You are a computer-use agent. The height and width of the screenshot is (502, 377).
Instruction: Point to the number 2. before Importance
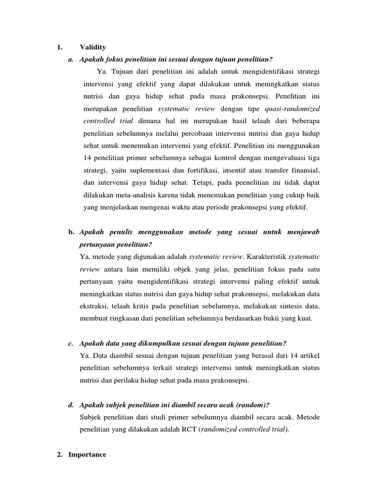[60, 454]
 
